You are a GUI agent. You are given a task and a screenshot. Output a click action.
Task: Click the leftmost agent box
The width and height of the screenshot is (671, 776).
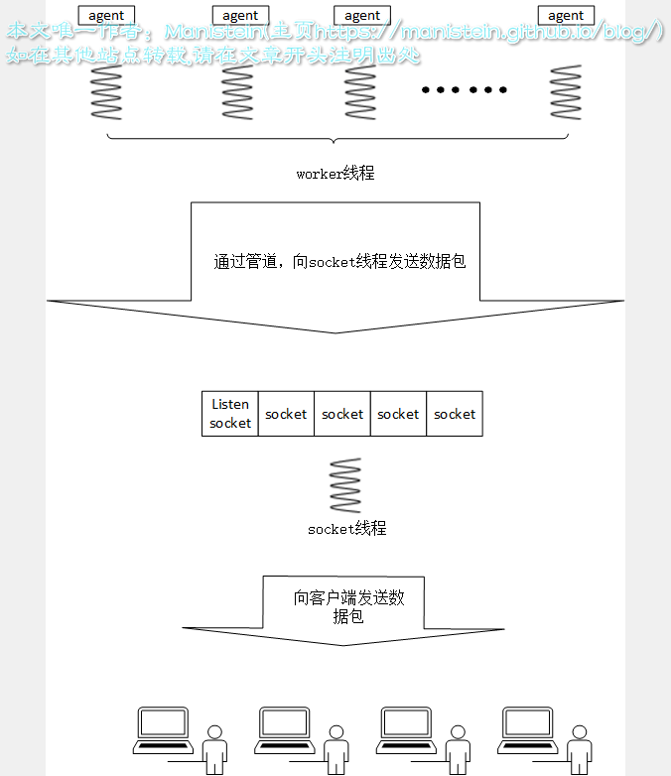pyautogui.click(x=106, y=15)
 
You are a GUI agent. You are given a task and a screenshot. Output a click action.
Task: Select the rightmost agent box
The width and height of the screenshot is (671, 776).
pyautogui.click(x=566, y=15)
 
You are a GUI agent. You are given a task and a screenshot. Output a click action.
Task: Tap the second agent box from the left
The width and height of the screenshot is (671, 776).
pyautogui.click(x=240, y=15)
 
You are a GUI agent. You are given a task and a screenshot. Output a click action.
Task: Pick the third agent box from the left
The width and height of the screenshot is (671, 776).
pyautogui.click(x=362, y=15)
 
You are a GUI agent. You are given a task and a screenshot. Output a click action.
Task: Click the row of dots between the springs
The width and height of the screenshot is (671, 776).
pyautogui.click(x=464, y=90)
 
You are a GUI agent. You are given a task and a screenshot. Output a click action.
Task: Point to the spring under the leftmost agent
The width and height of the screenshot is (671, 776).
pyautogui.click(x=106, y=92)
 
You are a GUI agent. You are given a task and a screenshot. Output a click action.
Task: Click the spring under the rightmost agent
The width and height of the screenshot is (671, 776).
pyautogui.click(x=566, y=92)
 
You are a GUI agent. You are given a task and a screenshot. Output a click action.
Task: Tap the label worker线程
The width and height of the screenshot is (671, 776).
pyautogui.click(x=335, y=174)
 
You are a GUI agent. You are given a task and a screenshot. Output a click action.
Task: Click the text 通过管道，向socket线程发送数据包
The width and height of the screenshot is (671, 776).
pyautogui.click(x=339, y=262)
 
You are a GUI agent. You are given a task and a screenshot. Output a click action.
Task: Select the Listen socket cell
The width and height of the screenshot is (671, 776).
pyautogui.click(x=230, y=414)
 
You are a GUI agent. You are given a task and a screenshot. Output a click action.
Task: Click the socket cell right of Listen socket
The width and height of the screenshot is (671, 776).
pyautogui.click(x=286, y=414)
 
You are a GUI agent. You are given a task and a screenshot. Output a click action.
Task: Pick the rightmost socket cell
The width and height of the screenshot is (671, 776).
pyautogui.click(x=455, y=414)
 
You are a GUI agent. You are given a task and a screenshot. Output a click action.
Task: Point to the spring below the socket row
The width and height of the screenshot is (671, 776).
pyautogui.click(x=345, y=485)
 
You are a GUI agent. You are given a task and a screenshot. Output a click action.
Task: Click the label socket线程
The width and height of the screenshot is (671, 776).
pyautogui.click(x=346, y=529)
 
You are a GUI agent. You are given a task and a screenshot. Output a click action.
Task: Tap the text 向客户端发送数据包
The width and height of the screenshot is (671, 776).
pyautogui.click(x=348, y=606)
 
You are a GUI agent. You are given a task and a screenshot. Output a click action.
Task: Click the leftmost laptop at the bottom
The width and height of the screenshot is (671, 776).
pyautogui.click(x=164, y=729)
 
